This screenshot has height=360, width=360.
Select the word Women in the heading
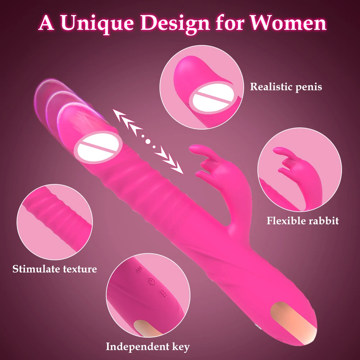288,23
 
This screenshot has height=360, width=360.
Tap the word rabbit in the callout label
324,220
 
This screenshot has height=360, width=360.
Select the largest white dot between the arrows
148,141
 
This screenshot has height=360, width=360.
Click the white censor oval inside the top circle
209,99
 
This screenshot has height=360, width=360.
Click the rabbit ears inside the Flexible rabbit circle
288,158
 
